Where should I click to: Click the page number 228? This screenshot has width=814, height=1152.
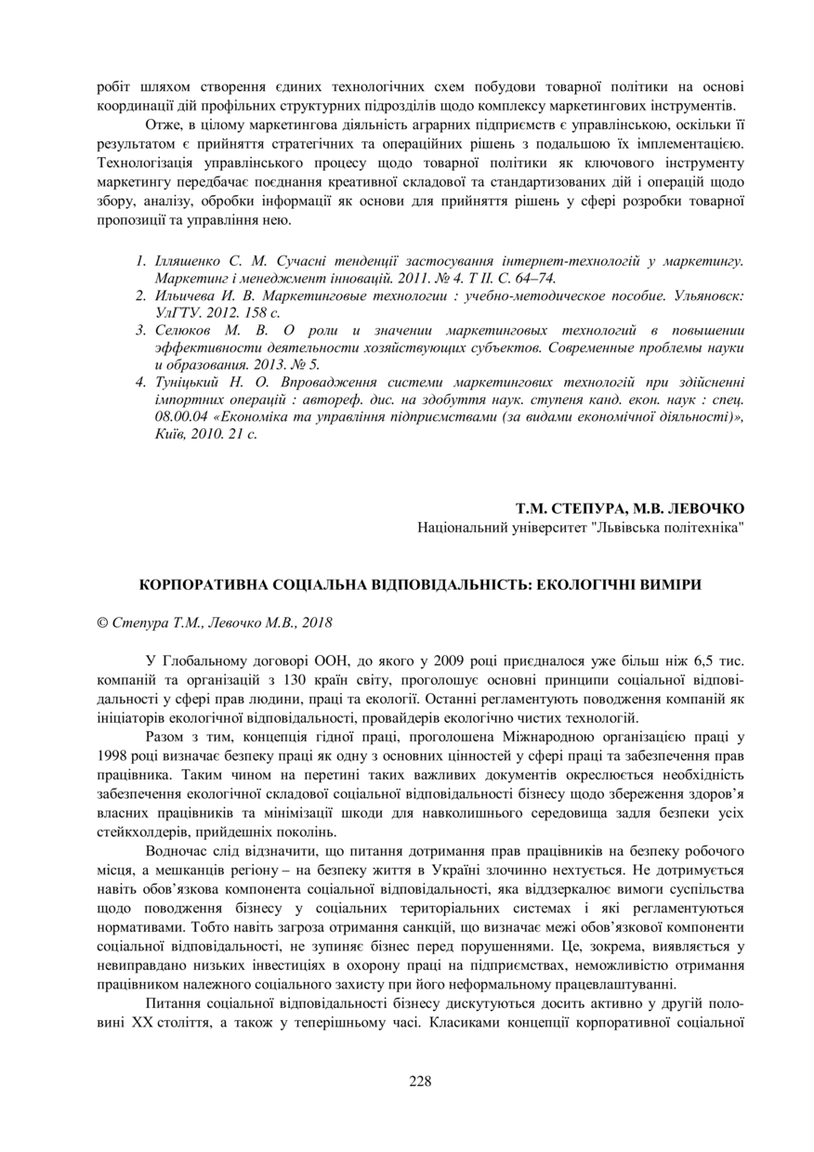click(x=420, y=1080)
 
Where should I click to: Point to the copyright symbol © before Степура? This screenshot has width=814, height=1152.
click(x=102, y=622)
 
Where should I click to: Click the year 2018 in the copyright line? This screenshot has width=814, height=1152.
click(x=317, y=622)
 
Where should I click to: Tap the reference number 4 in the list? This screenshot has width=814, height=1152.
click(x=140, y=382)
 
